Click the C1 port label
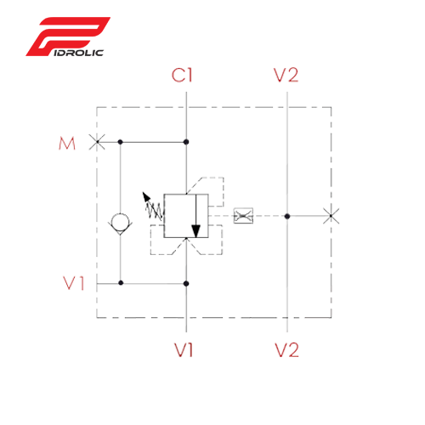pyautogui.click(x=182, y=76)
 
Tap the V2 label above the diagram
pyautogui.click(x=286, y=76)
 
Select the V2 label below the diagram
pyautogui.click(x=286, y=350)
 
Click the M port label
pyautogui.click(x=67, y=144)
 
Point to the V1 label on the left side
pyautogui.click(x=74, y=283)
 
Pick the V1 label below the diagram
pyautogui.click(x=184, y=350)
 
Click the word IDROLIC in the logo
pyautogui.click(x=78, y=53)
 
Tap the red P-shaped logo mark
pyautogui.click(x=68, y=37)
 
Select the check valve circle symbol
pyautogui.click(x=120, y=223)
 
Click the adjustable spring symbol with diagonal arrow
pyautogui.click(x=153, y=207)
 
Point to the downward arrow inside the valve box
pyautogui.click(x=196, y=216)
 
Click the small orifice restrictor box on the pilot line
pyautogui.click(x=243, y=216)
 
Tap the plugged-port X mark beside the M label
pyautogui.click(x=97, y=142)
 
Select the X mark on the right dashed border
pyautogui.click(x=331, y=216)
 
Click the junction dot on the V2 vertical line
pyautogui.click(x=287, y=216)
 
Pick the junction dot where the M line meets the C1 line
pyautogui.click(x=186, y=142)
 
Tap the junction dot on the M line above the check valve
pyautogui.click(x=120, y=142)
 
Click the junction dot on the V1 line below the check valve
pyautogui.click(x=121, y=283)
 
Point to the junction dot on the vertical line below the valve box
pyautogui.click(x=186, y=283)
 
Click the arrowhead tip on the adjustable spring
pyautogui.click(x=143, y=192)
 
